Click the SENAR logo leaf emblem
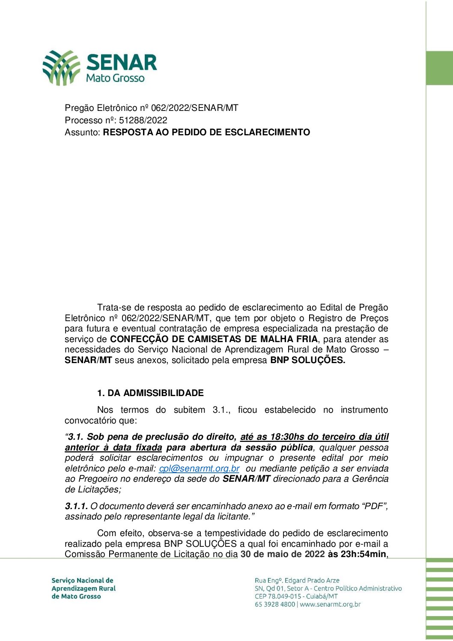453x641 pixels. pos(61,67)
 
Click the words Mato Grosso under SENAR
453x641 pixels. pos(115,78)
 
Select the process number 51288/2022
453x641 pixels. pos(143,120)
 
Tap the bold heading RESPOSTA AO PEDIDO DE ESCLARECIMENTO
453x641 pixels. pos(206,132)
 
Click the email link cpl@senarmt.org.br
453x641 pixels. pos(199,468)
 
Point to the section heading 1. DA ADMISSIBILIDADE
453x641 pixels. pos(150,393)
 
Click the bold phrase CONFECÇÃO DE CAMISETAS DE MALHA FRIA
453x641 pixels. pos(214,339)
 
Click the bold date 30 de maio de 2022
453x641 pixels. pos(283,554)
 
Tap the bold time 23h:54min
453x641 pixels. pos(363,554)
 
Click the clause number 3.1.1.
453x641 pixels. pos(76,506)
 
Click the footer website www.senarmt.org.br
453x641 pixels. pos(330,605)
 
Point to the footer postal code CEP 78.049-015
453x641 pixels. pos(279,596)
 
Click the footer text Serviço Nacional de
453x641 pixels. pos(82,581)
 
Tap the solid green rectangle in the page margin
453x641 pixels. pos(439,68)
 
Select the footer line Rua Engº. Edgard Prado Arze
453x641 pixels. pos(297,581)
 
